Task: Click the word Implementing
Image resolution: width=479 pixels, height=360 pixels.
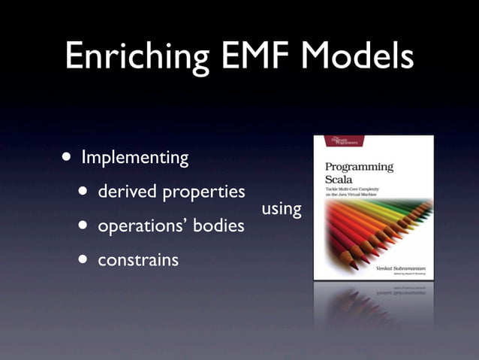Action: pyautogui.click(x=134, y=159)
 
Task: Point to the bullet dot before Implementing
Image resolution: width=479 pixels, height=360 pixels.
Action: pyautogui.click(x=68, y=158)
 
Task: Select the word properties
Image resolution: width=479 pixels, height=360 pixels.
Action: pyautogui.click(x=200, y=192)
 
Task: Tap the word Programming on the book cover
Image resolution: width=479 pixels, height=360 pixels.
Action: pyautogui.click(x=358, y=167)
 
